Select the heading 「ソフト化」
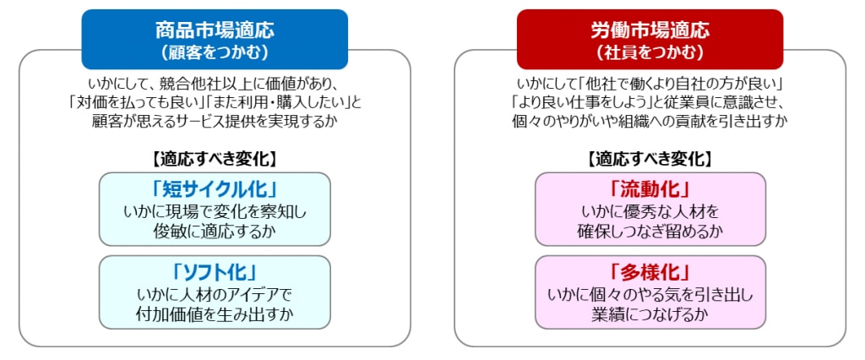coord(215,272)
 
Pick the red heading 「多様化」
coord(650,272)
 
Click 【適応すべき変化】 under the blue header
coord(215,158)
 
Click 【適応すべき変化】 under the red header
coord(650,158)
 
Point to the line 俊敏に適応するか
coord(215,230)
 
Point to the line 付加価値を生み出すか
coord(215,314)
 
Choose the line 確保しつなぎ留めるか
coord(650,230)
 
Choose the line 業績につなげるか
coord(650,314)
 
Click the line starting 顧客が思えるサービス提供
coord(215,122)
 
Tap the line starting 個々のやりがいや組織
coord(650,122)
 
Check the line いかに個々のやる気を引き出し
coord(650,295)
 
